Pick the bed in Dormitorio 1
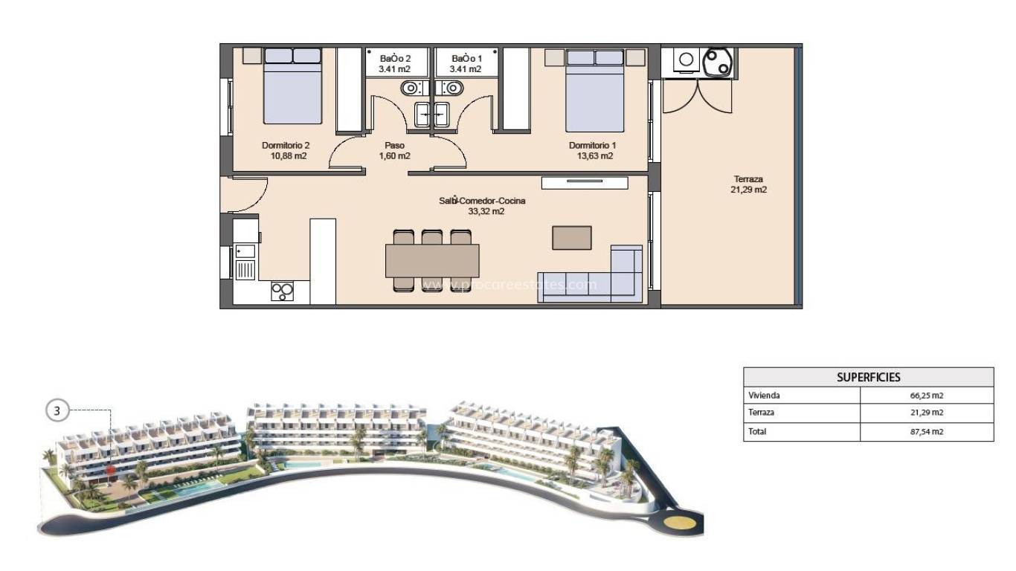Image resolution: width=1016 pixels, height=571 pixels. [x=595, y=91]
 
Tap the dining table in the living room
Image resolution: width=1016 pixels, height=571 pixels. [x=431, y=260]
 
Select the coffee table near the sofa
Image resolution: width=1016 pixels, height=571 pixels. [x=572, y=237]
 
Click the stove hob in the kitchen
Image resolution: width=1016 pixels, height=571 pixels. [x=281, y=291]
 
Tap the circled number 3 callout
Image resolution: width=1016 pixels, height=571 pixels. [x=57, y=410]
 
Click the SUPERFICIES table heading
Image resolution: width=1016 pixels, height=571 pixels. [x=868, y=377]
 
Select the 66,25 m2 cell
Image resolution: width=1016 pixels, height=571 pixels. [x=926, y=396]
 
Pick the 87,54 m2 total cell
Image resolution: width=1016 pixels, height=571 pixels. [x=926, y=431]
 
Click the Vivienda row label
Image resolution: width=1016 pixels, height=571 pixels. [x=765, y=396]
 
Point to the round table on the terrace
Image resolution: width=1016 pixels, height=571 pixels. [x=718, y=62]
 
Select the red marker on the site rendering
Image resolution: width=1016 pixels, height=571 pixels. [x=110, y=469]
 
